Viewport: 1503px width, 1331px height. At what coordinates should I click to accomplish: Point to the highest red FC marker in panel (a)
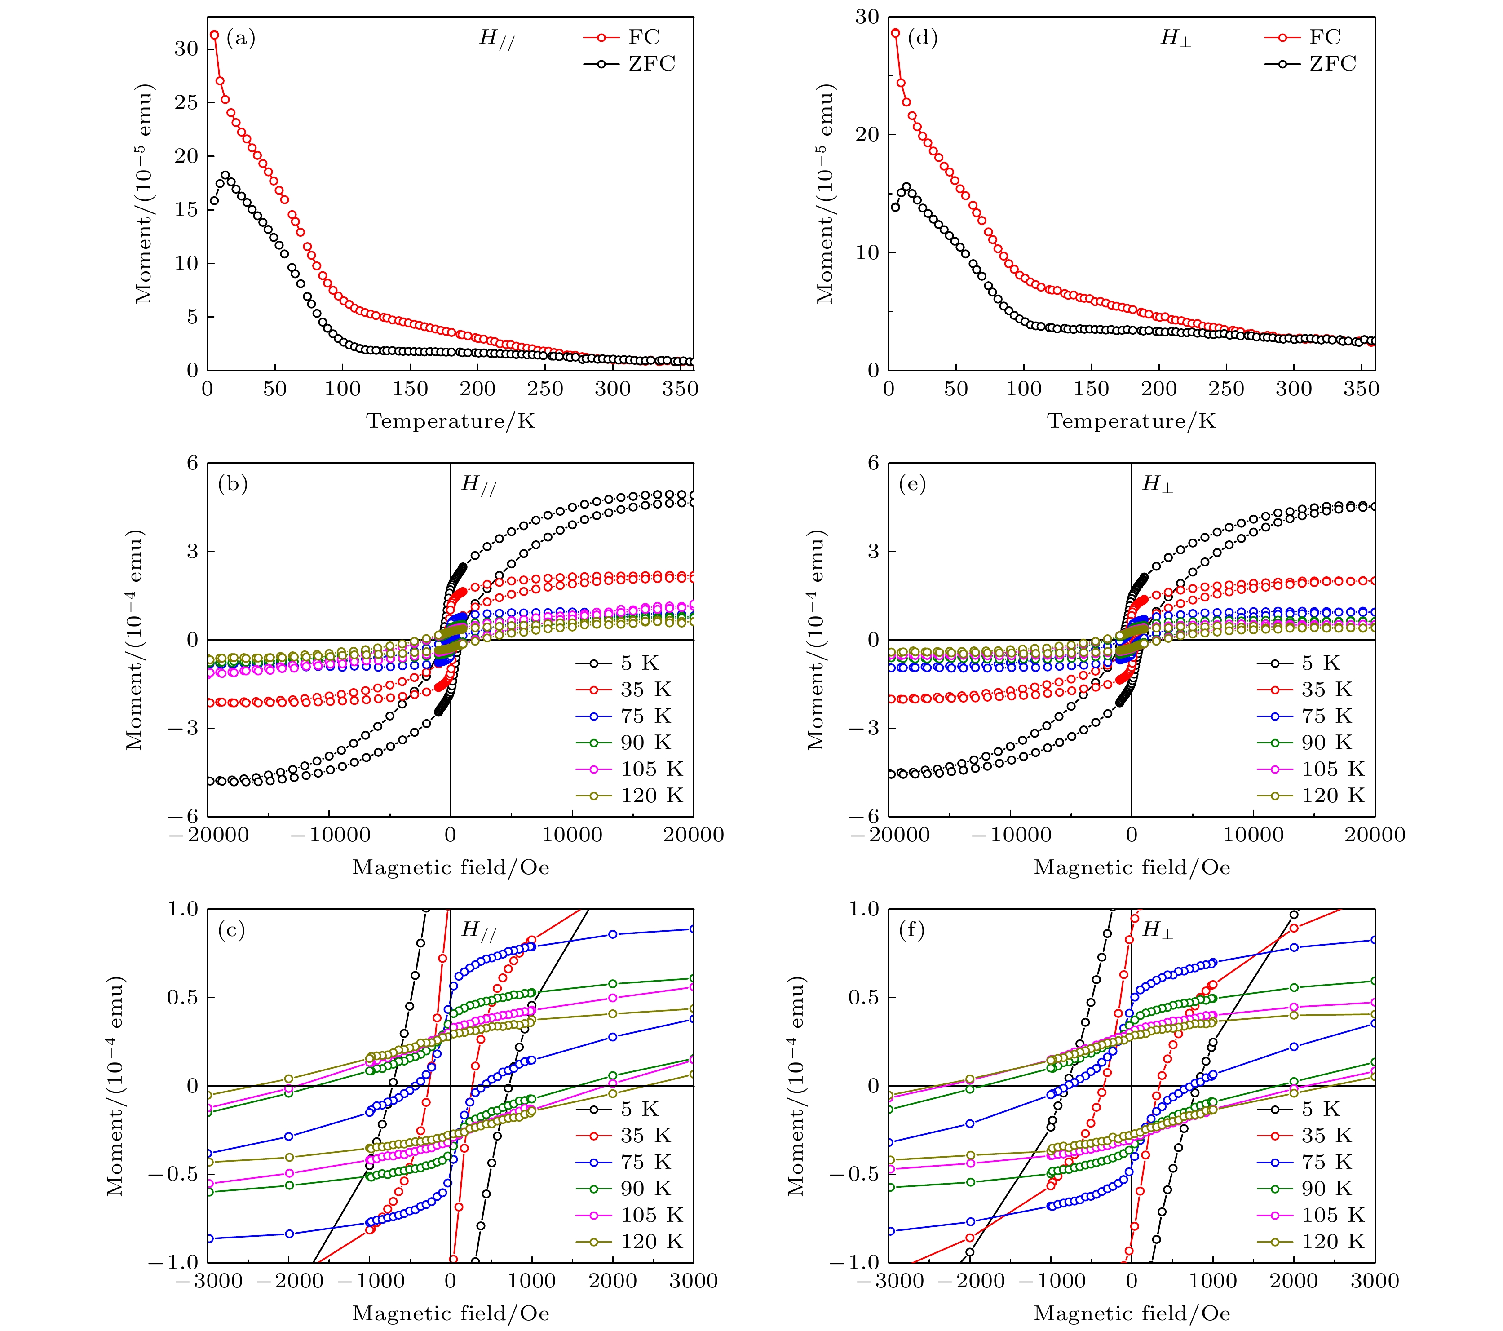(215, 35)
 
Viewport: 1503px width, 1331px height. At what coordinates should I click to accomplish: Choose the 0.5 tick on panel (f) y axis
(862, 998)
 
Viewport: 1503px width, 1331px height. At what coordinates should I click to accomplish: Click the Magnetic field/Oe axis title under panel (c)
(451, 1313)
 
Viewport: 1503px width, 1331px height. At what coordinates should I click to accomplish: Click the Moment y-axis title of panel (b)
(135, 640)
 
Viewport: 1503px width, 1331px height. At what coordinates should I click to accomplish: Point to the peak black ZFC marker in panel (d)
(906, 187)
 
